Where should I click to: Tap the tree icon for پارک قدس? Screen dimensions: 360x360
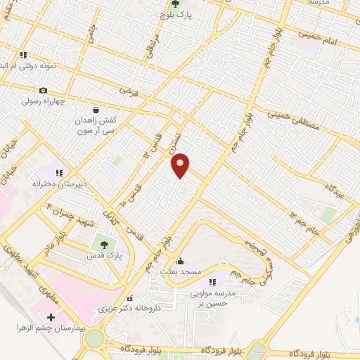[x=104, y=245]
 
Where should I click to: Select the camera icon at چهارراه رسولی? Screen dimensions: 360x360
[x=44, y=90]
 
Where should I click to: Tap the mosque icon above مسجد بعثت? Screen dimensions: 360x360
[x=180, y=260]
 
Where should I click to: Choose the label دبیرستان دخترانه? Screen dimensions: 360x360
[x=60, y=184]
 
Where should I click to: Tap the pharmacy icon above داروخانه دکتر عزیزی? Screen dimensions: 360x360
[x=129, y=298]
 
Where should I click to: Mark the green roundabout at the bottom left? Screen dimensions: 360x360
[x=94, y=340]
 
